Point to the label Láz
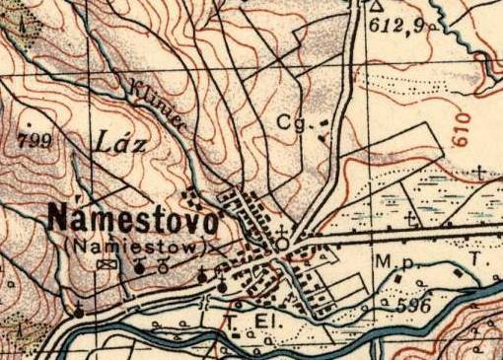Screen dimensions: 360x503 click(x=122, y=144)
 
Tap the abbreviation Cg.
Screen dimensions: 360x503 click(x=291, y=124)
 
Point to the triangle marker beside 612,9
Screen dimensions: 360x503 click(x=376, y=5)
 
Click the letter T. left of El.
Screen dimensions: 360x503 click(x=231, y=321)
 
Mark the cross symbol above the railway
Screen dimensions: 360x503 click(x=412, y=218)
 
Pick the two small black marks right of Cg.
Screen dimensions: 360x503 click(x=322, y=130)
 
